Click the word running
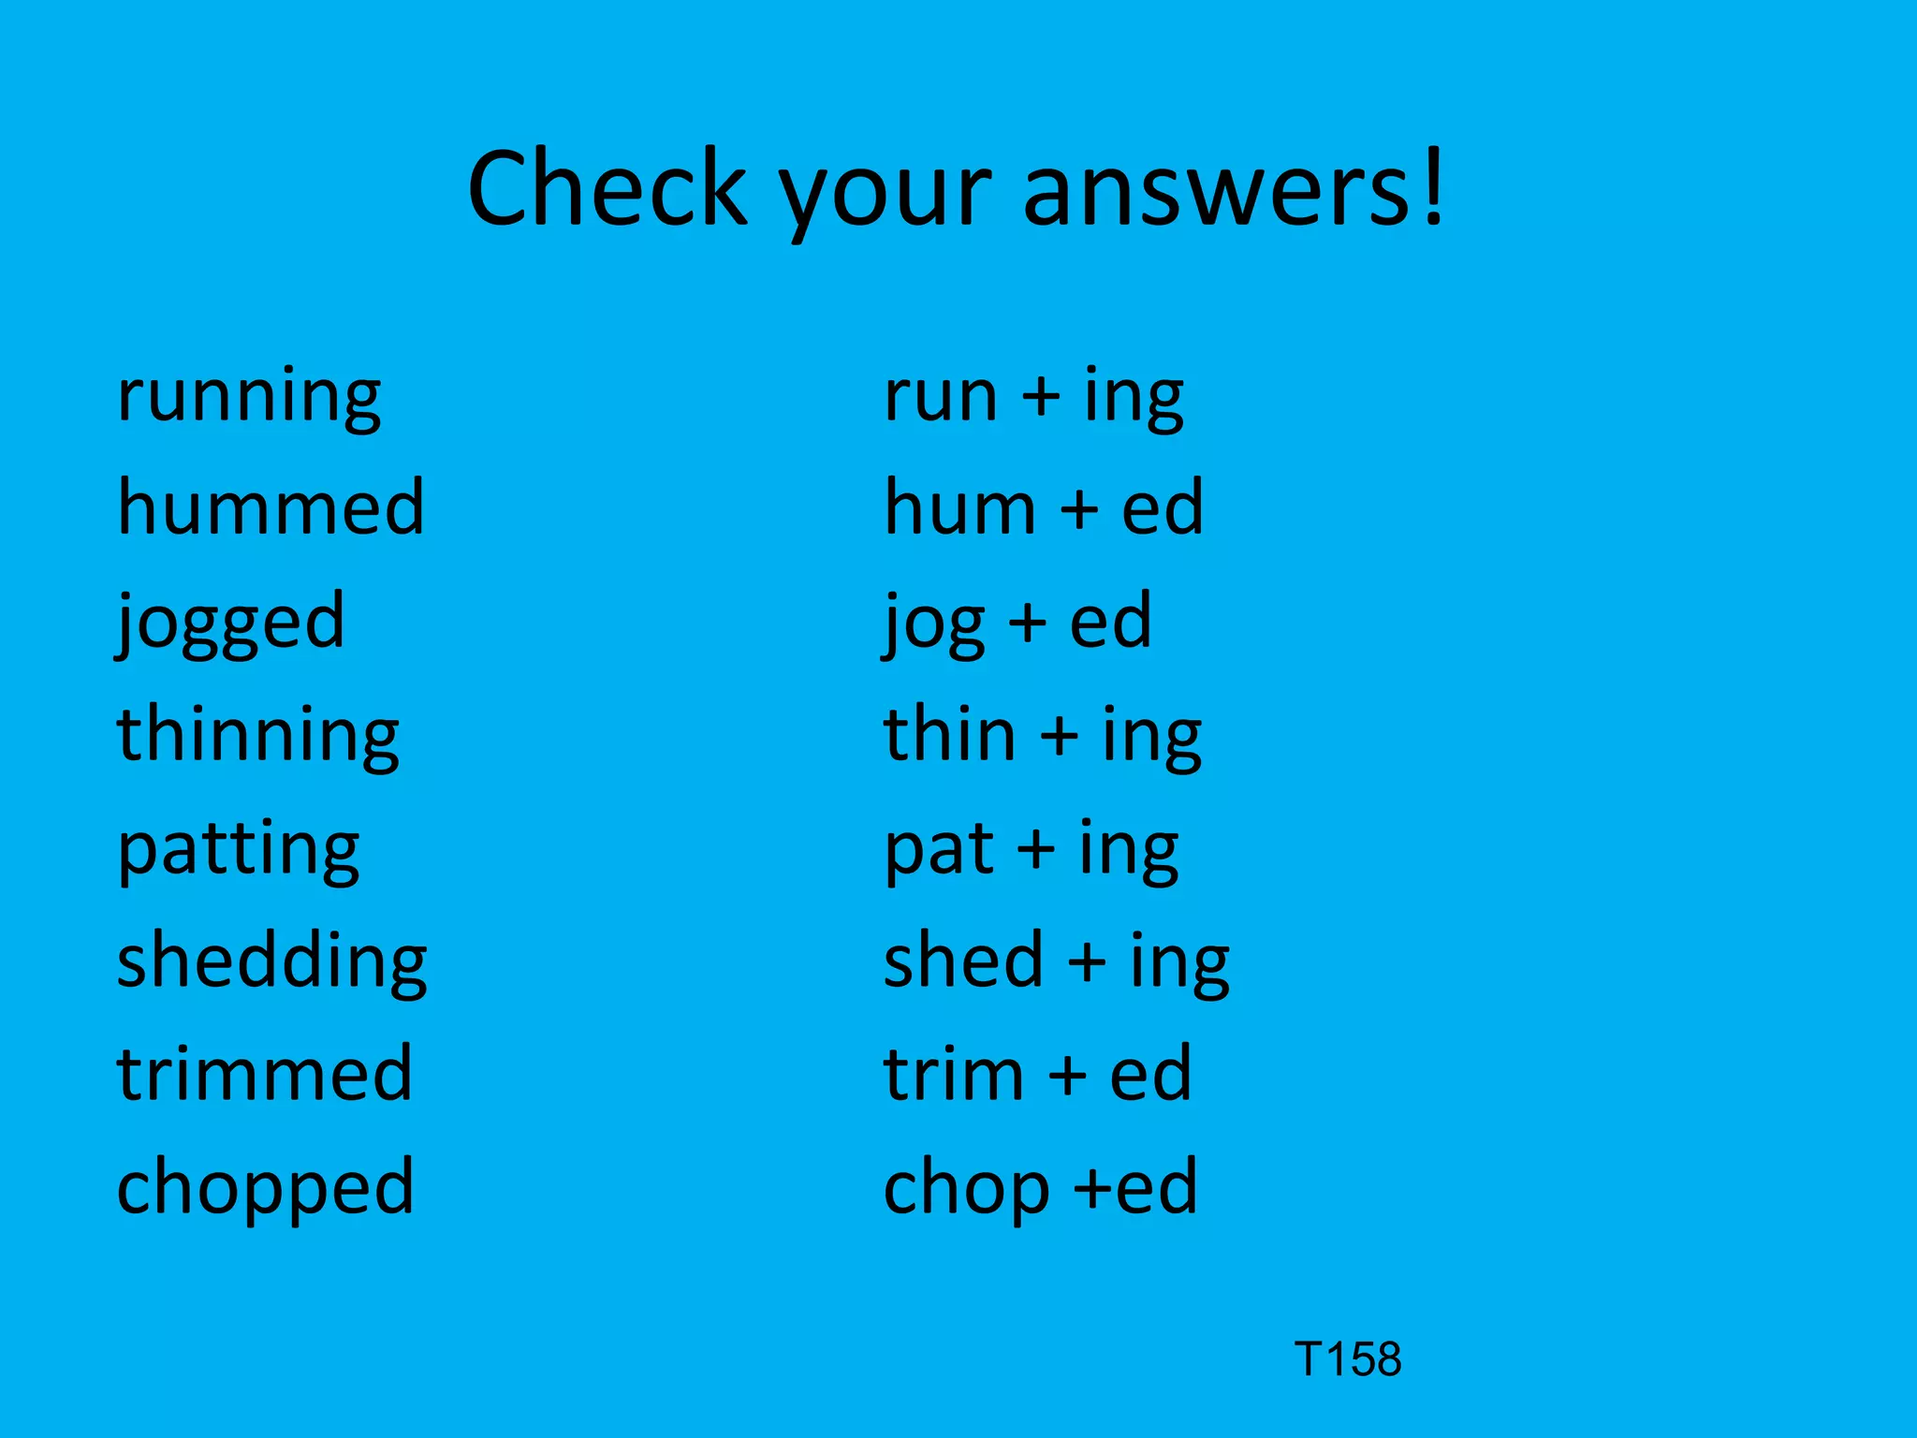(x=249, y=397)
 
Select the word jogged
(x=231, y=623)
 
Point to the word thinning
(x=258, y=736)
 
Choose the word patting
(x=239, y=850)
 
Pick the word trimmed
(x=265, y=1074)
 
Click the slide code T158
(x=1348, y=1359)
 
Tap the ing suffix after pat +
(x=1128, y=850)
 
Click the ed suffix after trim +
(x=1150, y=1074)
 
